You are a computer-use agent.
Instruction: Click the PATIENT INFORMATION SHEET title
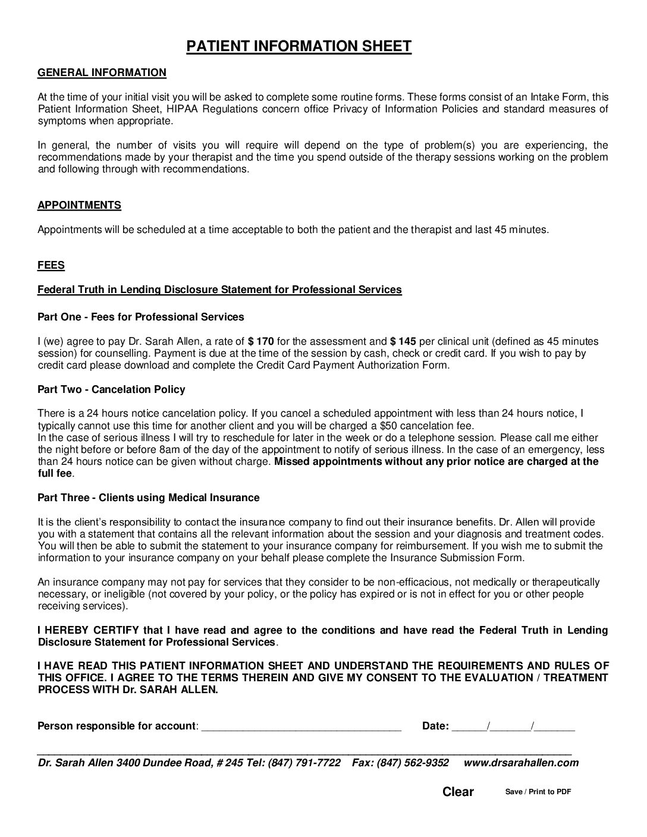coord(299,46)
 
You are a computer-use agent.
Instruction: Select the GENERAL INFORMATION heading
coord(102,73)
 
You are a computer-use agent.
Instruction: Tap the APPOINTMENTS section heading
coord(79,205)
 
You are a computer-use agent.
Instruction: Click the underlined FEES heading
coord(51,265)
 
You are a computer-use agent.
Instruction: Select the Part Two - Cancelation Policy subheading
coord(111,389)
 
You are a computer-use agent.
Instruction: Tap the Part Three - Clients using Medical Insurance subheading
coord(148,498)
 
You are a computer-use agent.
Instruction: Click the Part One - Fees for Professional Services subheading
coord(140,317)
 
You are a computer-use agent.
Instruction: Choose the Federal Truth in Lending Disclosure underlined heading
coord(219,290)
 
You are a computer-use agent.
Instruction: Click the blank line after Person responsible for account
coord(301,726)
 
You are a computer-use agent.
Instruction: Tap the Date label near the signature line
coord(435,726)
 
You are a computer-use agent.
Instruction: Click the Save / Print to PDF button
coord(538,791)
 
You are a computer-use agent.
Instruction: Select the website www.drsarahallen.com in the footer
coord(520,763)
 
